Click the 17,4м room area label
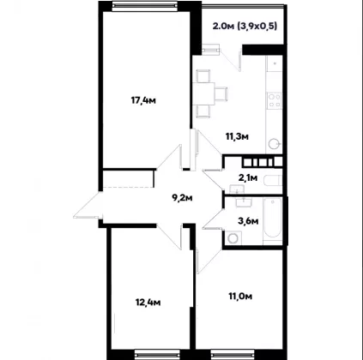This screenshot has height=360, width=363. point(143,100)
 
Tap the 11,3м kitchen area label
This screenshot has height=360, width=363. point(237,136)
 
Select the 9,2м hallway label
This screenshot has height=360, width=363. point(182,197)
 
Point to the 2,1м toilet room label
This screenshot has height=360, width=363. point(248,178)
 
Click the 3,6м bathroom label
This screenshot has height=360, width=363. point(248,220)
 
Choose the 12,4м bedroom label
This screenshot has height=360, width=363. point(148,302)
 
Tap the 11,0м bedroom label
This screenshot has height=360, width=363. point(240,297)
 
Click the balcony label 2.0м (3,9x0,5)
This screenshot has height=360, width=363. point(245,27)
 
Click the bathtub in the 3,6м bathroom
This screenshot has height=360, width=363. point(272,220)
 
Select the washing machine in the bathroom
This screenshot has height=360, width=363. point(233,237)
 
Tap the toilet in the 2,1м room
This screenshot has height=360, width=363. point(273,180)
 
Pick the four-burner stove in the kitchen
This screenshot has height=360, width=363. point(274,100)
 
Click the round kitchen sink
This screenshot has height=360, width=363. point(275,144)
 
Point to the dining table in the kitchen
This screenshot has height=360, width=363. point(203,93)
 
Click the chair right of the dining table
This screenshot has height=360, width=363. point(221,93)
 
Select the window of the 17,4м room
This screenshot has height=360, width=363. point(144,6)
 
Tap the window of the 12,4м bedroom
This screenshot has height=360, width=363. point(157,354)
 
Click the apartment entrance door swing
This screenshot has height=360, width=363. point(88,205)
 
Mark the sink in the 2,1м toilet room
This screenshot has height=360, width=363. point(237,189)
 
